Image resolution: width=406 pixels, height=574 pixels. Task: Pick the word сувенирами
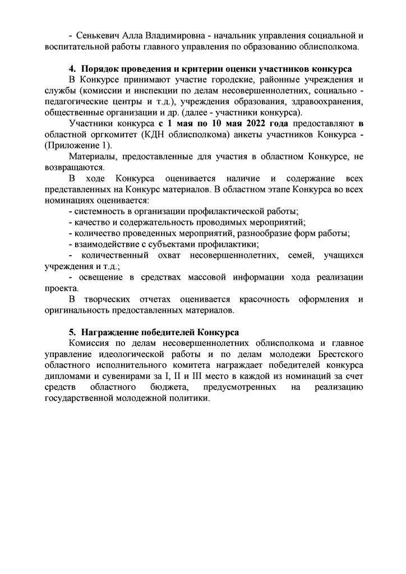coord(121,376)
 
